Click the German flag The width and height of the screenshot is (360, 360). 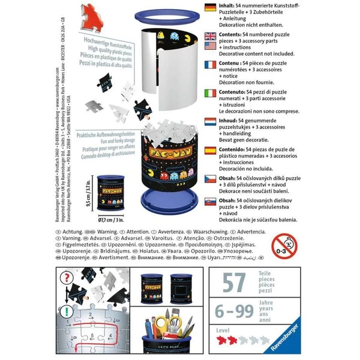[211, 8]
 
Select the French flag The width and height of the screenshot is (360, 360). [211, 64]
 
